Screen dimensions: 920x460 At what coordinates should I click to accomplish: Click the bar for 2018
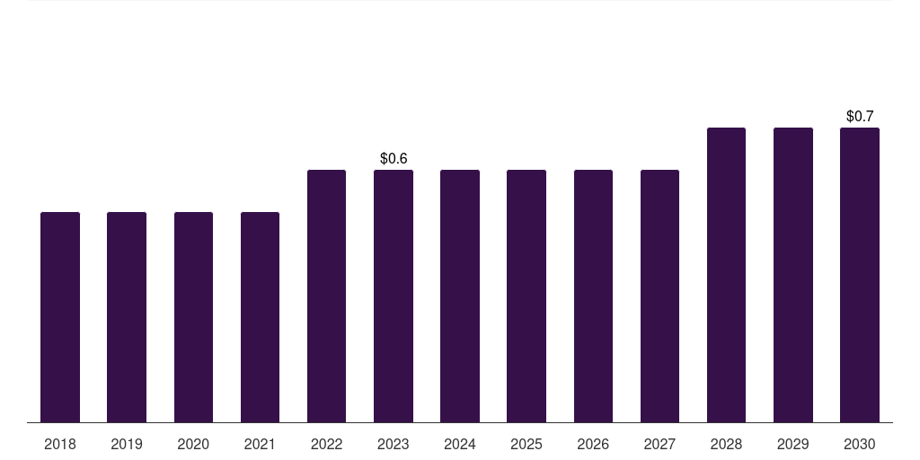(60, 317)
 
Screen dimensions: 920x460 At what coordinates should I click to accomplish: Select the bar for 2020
(193, 317)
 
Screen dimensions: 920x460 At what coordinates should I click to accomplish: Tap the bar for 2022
(326, 296)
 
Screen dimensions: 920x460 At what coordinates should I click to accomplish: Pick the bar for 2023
(394, 296)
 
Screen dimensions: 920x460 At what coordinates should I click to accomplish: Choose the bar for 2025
(526, 296)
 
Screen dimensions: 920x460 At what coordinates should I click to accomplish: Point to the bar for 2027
(659, 296)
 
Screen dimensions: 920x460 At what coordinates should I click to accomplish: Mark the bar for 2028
(726, 275)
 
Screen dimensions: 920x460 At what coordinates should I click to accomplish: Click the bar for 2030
(860, 275)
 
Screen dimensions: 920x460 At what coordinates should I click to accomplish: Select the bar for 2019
(127, 317)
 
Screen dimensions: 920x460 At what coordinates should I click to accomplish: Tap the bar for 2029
(793, 275)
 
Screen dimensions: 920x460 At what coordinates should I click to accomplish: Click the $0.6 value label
(394, 158)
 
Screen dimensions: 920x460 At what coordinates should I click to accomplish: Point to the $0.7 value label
(860, 116)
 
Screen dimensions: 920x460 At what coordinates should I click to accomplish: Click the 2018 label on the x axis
(60, 445)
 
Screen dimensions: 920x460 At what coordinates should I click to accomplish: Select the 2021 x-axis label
(260, 445)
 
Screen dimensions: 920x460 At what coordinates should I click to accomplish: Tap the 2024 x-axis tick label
(460, 445)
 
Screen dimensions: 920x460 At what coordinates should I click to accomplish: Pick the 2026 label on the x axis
(593, 445)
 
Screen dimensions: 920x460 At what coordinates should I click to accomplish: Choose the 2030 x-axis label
(860, 445)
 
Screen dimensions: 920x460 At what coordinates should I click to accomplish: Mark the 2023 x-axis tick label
(394, 445)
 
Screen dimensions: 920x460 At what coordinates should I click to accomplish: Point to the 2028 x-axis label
(726, 445)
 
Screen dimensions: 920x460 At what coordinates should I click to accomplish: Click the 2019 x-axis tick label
(127, 445)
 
